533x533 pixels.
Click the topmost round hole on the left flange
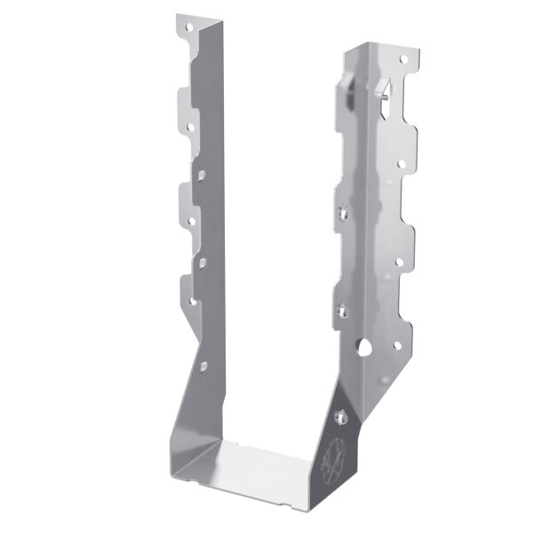point(188,29)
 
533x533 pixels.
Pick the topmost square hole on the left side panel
point(203,175)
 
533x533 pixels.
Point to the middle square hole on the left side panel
point(203,260)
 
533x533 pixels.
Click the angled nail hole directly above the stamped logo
point(339,413)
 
